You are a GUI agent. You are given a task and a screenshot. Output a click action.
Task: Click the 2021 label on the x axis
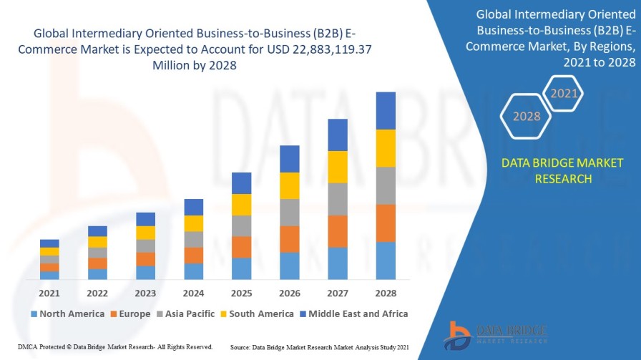point(49,293)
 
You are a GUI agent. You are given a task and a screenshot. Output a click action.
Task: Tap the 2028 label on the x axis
point(386,293)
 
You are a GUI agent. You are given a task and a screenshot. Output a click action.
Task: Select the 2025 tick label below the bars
point(241,293)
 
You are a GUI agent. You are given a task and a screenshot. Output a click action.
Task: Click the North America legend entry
point(67,313)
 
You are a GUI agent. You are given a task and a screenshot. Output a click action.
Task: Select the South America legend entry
point(258,313)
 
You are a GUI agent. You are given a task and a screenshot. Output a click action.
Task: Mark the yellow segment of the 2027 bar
point(338,167)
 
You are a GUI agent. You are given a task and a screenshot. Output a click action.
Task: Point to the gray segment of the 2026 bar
point(290,213)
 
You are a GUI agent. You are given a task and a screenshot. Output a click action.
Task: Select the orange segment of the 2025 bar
point(241,247)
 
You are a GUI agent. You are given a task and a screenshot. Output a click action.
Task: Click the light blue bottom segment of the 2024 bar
point(194,271)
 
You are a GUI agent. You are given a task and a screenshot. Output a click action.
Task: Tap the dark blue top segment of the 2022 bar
point(97,231)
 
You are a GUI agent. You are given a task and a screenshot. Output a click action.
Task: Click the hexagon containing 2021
point(564,93)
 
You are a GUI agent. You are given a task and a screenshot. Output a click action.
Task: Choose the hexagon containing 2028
point(527,116)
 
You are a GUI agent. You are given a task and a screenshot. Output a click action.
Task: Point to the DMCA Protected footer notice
point(115,346)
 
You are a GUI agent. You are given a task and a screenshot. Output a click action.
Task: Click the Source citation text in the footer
point(319,346)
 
